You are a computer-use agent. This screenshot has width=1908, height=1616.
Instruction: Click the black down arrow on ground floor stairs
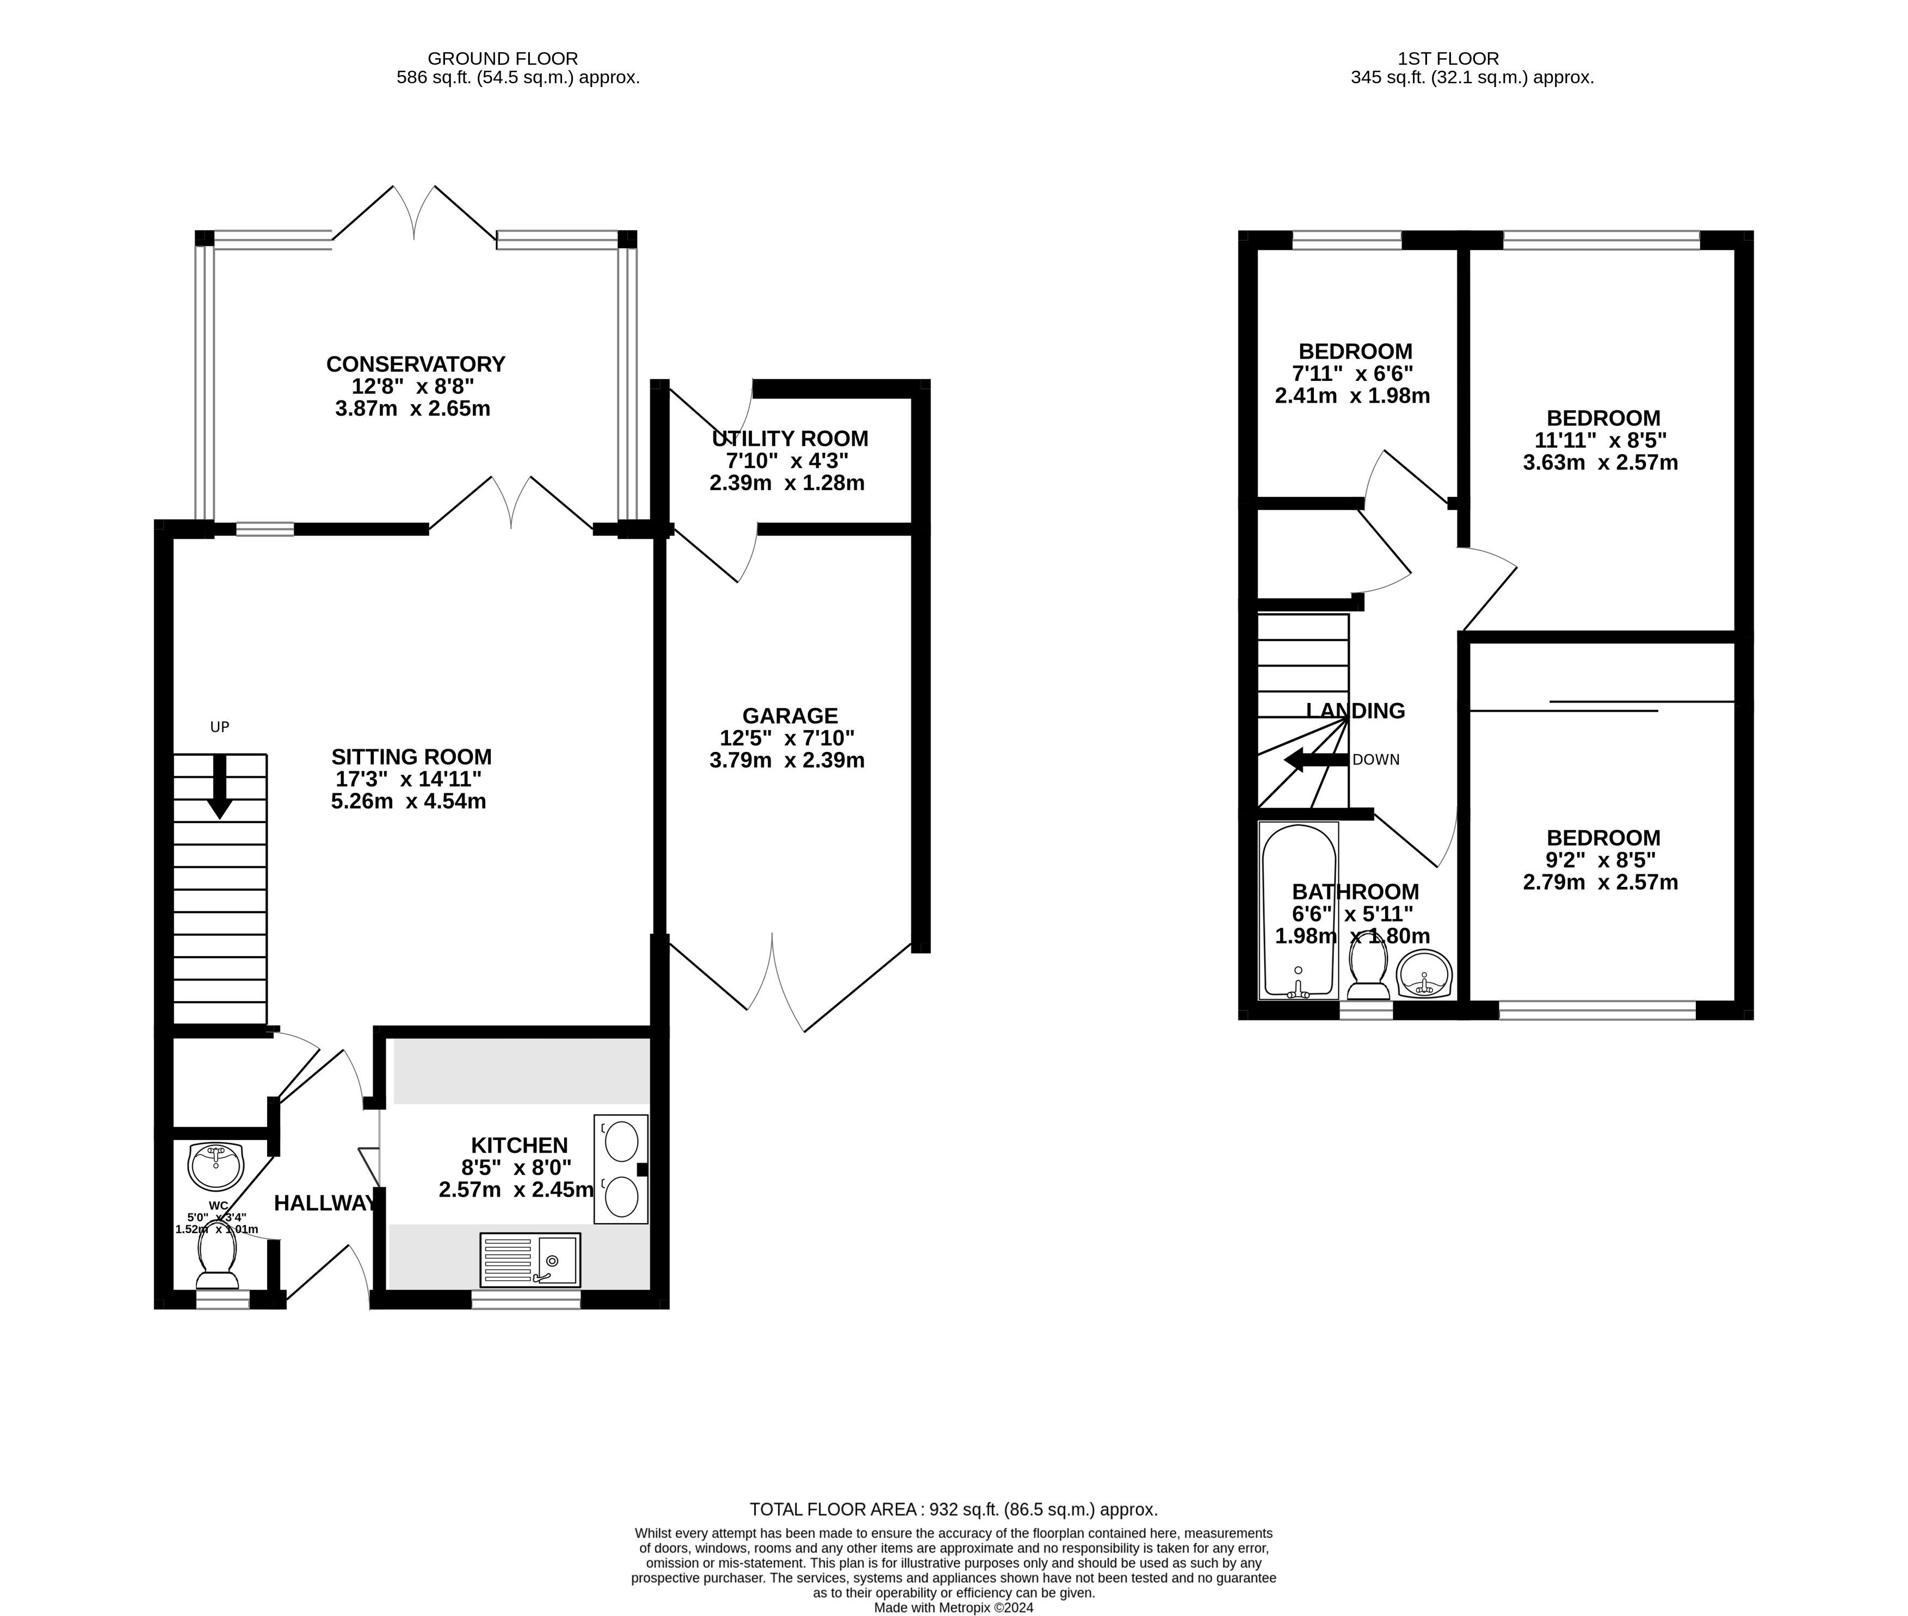pos(220,787)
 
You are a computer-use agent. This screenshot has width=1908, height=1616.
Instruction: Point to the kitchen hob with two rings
pos(621,1168)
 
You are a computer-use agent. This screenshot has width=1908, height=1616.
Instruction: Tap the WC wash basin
pos(215,1163)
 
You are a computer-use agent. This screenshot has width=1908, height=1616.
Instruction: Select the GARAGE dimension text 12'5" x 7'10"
pos(787,737)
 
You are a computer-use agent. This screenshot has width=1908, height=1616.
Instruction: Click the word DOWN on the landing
pos(1376,760)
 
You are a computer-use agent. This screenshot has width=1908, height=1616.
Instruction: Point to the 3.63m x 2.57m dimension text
pos(1600,462)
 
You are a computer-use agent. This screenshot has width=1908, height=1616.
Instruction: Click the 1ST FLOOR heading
pos(1448,59)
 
